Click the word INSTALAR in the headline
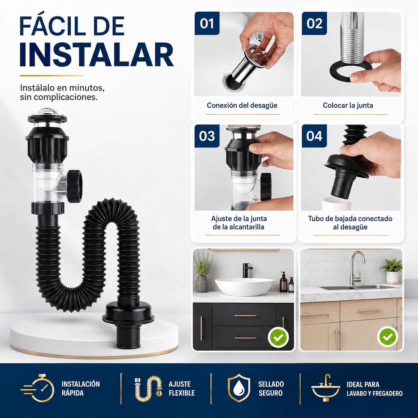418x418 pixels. click(97, 54)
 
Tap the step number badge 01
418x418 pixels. click(207, 23)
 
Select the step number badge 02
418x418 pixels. click(314, 23)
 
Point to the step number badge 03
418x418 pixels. click(207, 136)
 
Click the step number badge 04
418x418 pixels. click(314, 136)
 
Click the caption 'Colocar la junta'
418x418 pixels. click(348, 105)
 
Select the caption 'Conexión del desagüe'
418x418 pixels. click(242, 105)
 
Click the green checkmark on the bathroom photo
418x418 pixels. click(278, 337)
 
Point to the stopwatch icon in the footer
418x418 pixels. click(37, 388)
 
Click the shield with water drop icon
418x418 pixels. click(239, 388)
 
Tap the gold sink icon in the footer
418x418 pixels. click(325, 388)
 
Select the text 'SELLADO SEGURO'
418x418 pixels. click(271, 388)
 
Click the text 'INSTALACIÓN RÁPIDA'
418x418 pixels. click(81, 388)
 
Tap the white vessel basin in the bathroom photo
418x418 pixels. click(244, 287)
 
